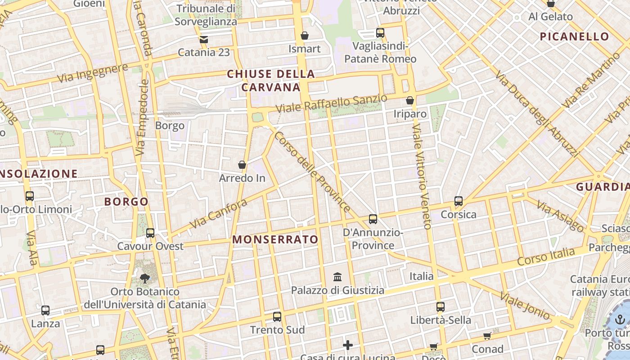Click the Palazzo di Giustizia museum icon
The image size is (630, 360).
(x=337, y=277)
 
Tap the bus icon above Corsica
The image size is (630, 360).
(x=459, y=201)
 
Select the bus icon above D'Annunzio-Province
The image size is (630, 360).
(x=373, y=219)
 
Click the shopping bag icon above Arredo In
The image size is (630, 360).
(x=242, y=165)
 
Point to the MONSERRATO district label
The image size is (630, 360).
(x=275, y=239)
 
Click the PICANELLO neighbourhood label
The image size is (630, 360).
(x=574, y=36)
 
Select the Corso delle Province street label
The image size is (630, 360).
(x=312, y=171)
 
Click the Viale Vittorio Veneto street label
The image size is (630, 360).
(x=422, y=176)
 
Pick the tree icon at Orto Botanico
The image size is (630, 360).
(x=144, y=278)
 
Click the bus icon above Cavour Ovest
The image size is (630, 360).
(x=150, y=233)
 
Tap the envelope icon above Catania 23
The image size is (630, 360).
(x=204, y=39)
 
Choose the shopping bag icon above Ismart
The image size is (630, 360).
(x=305, y=35)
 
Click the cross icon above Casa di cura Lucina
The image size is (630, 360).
(x=347, y=345)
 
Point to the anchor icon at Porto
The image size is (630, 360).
(x=621, y=320)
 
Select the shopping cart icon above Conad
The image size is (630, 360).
(x=487, y=336)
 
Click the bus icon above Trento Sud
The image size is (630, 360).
(x=277, y=316)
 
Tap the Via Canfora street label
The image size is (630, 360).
(x=219, y=214)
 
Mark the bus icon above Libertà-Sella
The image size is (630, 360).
(x=441, y=307)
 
